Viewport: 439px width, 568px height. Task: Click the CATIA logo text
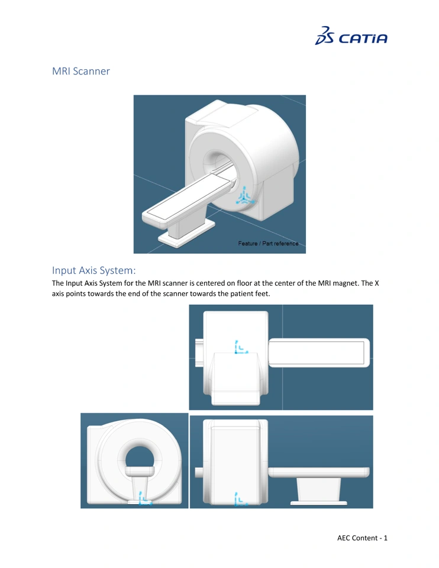pos(363,38)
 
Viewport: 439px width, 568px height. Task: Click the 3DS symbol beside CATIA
pos(325,35)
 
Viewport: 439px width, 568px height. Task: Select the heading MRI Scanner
pos(81,71)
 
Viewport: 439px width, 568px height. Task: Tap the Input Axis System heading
pos(94,270)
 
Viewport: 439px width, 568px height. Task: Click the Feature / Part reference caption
pos(268,243)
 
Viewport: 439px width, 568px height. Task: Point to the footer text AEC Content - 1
pos(362,538)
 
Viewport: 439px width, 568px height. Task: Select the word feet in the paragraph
pos(262,293)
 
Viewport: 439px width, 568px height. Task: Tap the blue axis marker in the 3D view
pos(245,196)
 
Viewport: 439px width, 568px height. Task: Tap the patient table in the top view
pos(319,353)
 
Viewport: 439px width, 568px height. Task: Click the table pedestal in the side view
pos(318,489)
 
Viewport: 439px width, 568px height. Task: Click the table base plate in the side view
pos(318,503)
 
